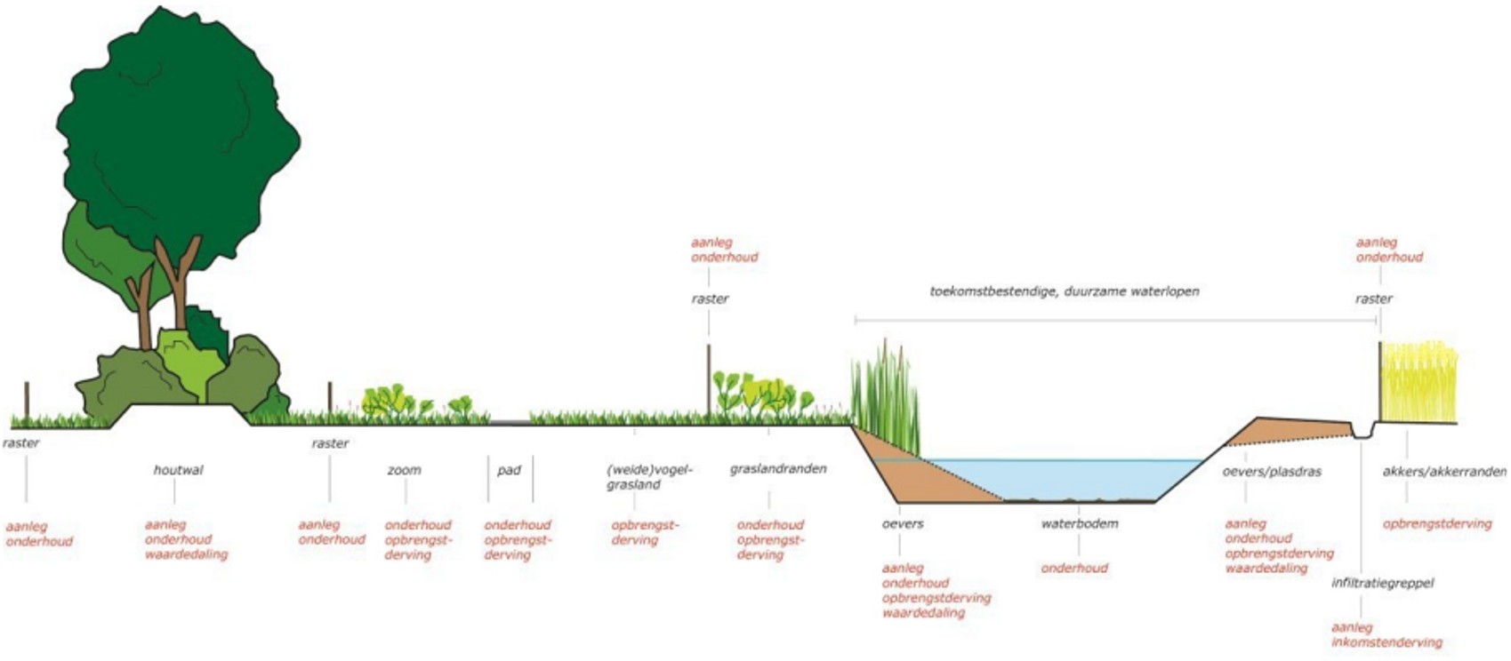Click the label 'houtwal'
(x=178, y=470)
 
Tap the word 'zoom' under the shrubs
(x=404, y=470)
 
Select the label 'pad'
(x=509, y=470)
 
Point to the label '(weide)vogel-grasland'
(x=649, y=477)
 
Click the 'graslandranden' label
(x=778, y=469)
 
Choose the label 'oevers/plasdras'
(x=1272, y=472)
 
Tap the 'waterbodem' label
(x=1080, y=524)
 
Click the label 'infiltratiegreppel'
(x=1382, y=584)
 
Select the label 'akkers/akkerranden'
(x=1444, y=472)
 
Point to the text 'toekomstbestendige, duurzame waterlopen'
(x=1065, y=291)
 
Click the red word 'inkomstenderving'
(x=1386, y=642)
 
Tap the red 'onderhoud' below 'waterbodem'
(x=1074, y=569)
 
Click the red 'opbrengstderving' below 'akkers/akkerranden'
(x=1437, y=524)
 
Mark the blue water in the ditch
(x=1067, y=480)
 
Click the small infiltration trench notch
(x=1362, y=432)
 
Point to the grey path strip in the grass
(x=509, y=421)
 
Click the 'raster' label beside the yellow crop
(x=1373, y=299)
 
